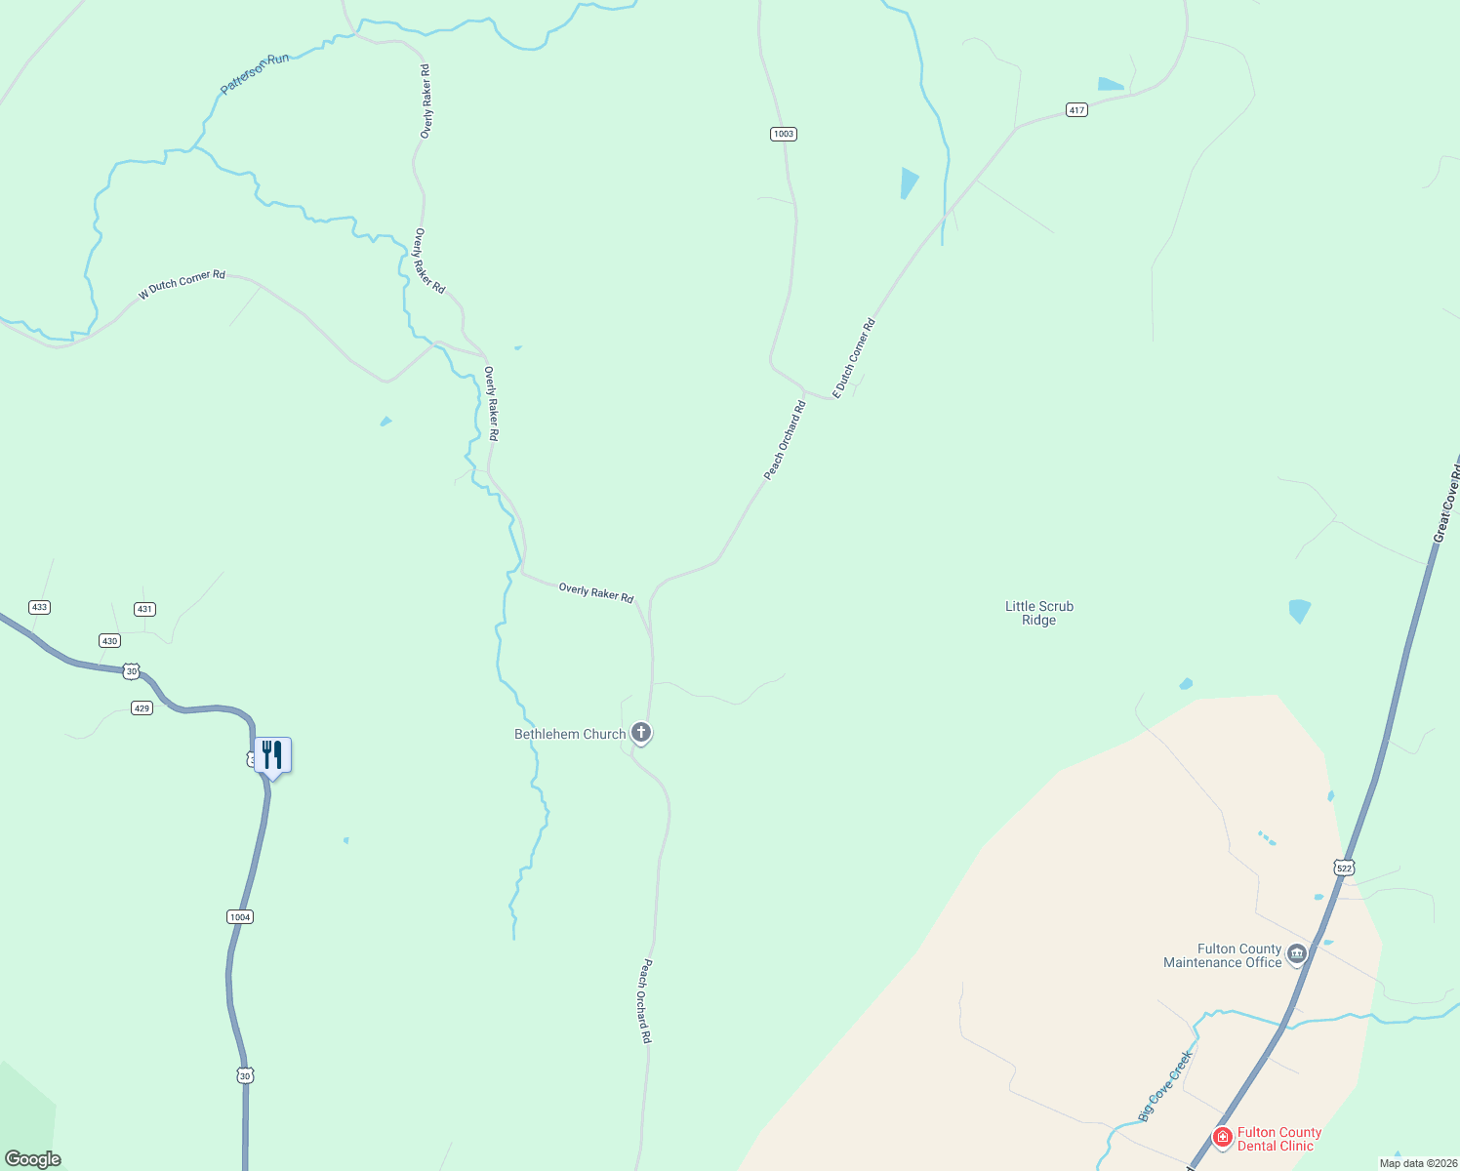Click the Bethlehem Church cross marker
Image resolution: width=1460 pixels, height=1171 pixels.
pyautogui.click(x=641, y=732)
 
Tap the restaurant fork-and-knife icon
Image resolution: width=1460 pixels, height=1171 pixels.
pyautogui.click(x=272, y=754)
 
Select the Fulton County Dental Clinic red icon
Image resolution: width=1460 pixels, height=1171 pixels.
pyautogui.click(x=1222, y=1137)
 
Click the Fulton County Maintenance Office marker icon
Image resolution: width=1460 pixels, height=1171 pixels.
pyautogui.click(x=1297, y=953)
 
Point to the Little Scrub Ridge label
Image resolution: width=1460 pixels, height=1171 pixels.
pyautogui.click(x=1039, y=613)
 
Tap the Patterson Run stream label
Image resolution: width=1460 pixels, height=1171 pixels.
pyautogui.click(x=255, y=74)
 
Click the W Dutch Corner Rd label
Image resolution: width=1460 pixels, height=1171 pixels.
pyautogui.click(x=182, y=284)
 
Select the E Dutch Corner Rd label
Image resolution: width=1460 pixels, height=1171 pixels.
pyautogui.click(x=854, y=358)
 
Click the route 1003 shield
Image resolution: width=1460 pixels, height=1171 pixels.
pyautogui.click(x=783, y=134)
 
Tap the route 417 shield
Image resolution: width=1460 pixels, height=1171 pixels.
pyautogui.click(x=1076, y=110)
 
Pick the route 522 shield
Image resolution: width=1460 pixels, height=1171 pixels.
pyautogui.click(x=1345, y=868)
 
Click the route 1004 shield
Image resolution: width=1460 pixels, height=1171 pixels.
pyautogui.click(x=240, y=916)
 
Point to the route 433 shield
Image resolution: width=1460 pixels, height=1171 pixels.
pyautogui.click(x=39, y=607)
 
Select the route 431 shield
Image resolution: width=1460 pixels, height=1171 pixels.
pyautogui.click(x=144, y=609)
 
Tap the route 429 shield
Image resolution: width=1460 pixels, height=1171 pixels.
pyautogui.click(x=142, y=707)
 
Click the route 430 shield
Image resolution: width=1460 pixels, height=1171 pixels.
pyautogui.click(x=109, y=641)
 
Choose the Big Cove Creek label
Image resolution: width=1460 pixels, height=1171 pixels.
pyautogui.click(x=1165, y=1085)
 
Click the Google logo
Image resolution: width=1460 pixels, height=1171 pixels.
pyautogui.click(x=33, y=1159)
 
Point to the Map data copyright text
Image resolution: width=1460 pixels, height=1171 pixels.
pyautogui.click(x=1417, y=1163)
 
